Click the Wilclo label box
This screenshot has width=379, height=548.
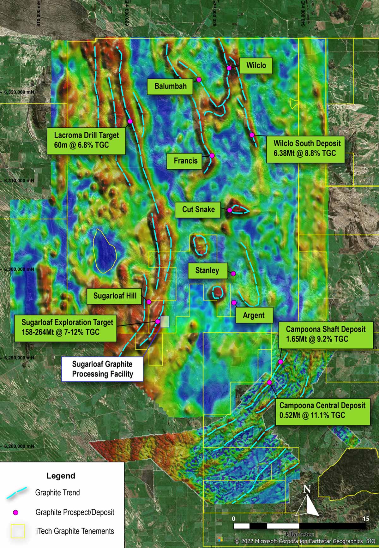click(x=256, y=66)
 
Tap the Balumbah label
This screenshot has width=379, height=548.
click(x=170, y=86)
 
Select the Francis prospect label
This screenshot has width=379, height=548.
click(x=185, y=161)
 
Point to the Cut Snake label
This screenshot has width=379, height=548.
click(x=198, y=209)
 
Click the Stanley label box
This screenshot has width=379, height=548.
click(x=207, y=270)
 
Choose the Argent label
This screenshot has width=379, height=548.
click(x=254, y=315)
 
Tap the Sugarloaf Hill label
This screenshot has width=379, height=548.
click(x=115, y=296)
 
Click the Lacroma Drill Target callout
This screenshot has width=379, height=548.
click(x=86, y=140)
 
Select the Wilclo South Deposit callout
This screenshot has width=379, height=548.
click(x=305, y=148)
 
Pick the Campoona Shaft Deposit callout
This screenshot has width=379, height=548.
click(x=326, y=334)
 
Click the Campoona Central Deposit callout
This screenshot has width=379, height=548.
click(x=322, y=410)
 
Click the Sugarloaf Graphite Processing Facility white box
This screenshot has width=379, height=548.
click(x=102, y=369)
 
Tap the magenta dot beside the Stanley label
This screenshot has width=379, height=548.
click(x=233, y=273)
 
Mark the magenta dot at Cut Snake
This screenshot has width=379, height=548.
click(x=230, y=210)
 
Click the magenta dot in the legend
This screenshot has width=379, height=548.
click(x=15, y=513)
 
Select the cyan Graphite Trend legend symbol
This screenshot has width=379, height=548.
click(x=16, y=493)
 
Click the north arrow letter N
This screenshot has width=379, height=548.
click(x=307, y=489)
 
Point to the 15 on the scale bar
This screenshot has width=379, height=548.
click(x=366, y=519)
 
